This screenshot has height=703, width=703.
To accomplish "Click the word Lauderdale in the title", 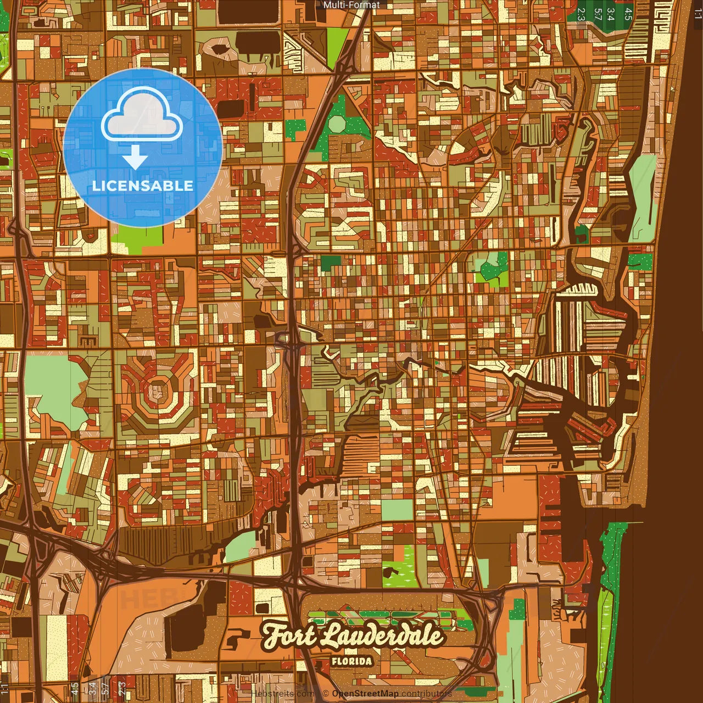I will click(382, 635).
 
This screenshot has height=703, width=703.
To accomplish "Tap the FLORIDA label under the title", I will click(351, 661).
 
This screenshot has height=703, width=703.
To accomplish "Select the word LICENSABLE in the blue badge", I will click(143, 186).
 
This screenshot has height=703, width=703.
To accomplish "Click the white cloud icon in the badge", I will click(142, 116).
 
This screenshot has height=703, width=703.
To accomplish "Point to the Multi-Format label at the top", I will click(351, 5).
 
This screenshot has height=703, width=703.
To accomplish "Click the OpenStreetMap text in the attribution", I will click(365, 694).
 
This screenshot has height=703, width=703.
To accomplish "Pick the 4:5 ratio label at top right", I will click(628, 14).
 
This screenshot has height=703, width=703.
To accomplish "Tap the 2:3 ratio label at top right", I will click(581, 14).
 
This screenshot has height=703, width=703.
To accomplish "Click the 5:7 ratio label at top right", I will click(597, 14).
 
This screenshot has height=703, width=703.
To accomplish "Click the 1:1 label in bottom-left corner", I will click(5, 688).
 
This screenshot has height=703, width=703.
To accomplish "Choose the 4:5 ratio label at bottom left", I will click(75, 688).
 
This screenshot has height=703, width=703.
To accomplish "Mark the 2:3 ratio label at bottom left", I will click(122, 688).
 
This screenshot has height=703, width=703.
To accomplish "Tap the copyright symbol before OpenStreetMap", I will click(326, 694).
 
